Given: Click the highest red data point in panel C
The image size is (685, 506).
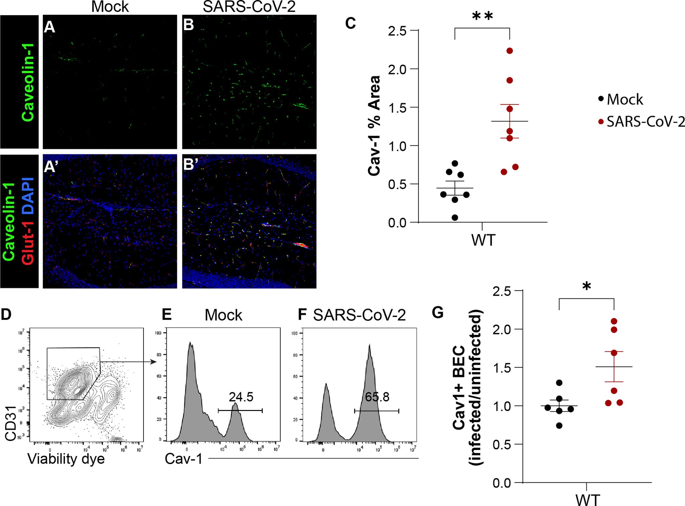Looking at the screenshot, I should [x=510, y=51].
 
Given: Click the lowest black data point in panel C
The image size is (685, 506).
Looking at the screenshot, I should [x=455, y=218].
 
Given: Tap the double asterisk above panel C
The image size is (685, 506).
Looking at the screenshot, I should [x=482, y=16].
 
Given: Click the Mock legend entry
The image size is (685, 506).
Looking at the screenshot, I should [x=621, y=99].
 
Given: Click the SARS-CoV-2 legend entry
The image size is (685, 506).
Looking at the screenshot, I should [x=642, y=122].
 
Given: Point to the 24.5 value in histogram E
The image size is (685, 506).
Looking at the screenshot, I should [x=241, y=397].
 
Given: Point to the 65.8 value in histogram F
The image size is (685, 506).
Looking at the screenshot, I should [x=377, y=397].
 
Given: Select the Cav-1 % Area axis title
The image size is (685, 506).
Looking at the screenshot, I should [x=374, y=125].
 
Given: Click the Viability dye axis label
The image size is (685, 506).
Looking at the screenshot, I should [x=66, y=459].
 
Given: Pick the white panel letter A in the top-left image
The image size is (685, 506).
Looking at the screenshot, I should [x=50, y=26].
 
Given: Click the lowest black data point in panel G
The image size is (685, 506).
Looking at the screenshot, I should [x=559, y=426].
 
